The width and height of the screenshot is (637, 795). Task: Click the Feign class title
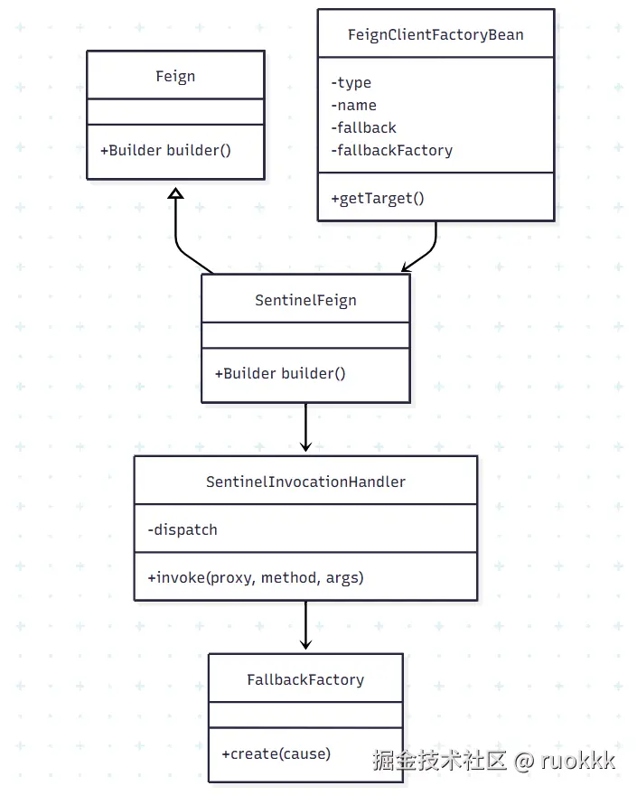tap(175, 76)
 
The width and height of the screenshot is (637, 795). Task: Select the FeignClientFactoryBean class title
tap(436, 34)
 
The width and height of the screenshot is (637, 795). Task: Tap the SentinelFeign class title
tap(305, 300)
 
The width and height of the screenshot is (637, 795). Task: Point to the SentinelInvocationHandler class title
tap(305, 482)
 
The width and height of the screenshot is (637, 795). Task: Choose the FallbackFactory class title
tap(305, 679)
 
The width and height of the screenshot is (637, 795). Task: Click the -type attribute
tap(351, 82)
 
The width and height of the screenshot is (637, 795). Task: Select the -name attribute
tap(354, 105)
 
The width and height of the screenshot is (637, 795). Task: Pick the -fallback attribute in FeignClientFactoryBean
tap(364, 127)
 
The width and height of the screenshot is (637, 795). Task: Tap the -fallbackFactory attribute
tap(392, 150)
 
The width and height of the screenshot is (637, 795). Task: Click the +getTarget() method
tap(378, 198)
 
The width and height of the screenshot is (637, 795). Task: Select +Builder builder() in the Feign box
tap(165, 150)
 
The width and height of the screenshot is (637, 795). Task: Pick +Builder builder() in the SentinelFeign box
tap(280, 373)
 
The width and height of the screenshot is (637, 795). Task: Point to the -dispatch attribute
tap(183, 529)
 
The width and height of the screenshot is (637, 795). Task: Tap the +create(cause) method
tap(276, 753)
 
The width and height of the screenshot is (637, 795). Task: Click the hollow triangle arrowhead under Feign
tap(175, 192)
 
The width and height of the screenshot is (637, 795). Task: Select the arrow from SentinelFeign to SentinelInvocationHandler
tap(305, 428)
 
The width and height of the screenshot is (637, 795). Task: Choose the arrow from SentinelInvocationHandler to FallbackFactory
tap(305, 626)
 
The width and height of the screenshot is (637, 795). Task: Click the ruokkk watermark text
tap(578, 761)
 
